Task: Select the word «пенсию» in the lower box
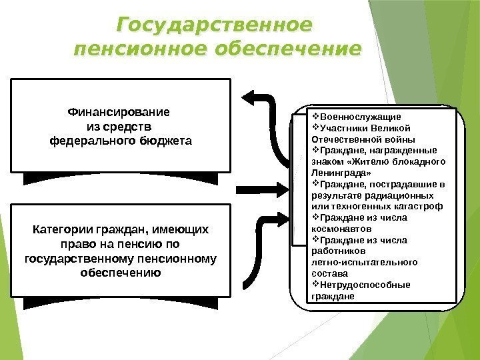point(141,244)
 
